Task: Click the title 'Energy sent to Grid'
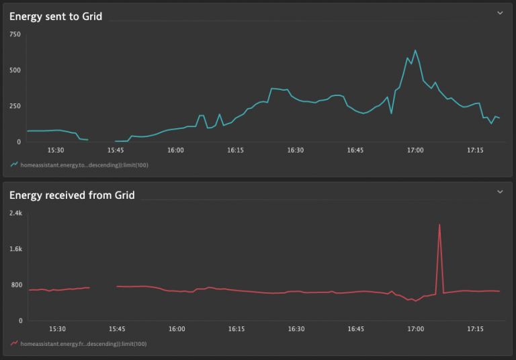(x=56, y=16)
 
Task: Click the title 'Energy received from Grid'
(x=72, y=195)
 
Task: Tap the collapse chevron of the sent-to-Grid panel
(x=499, y=13)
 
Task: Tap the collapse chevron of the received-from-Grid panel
(x=499, y=192)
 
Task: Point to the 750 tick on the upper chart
(x=15, y=34)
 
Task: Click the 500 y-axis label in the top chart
(x=15, y=70)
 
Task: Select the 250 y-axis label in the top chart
(x=15, y=106)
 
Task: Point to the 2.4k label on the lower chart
(x=15, y=213)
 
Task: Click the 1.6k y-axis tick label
(x=15, y=249)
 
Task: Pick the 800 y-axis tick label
(x=15, y=285)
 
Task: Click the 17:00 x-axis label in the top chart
(x=415, y=150)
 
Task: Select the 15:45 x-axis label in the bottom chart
(x=117, y=329)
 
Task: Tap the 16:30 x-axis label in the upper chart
(x=296, y=150)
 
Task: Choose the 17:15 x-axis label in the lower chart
(x=475, y=329)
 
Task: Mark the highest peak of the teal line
(x=415, y=50)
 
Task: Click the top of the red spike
(x=439, y=224)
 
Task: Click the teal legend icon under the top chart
(x=14, y=164)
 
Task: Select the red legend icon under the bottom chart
(x=14, y=343)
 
